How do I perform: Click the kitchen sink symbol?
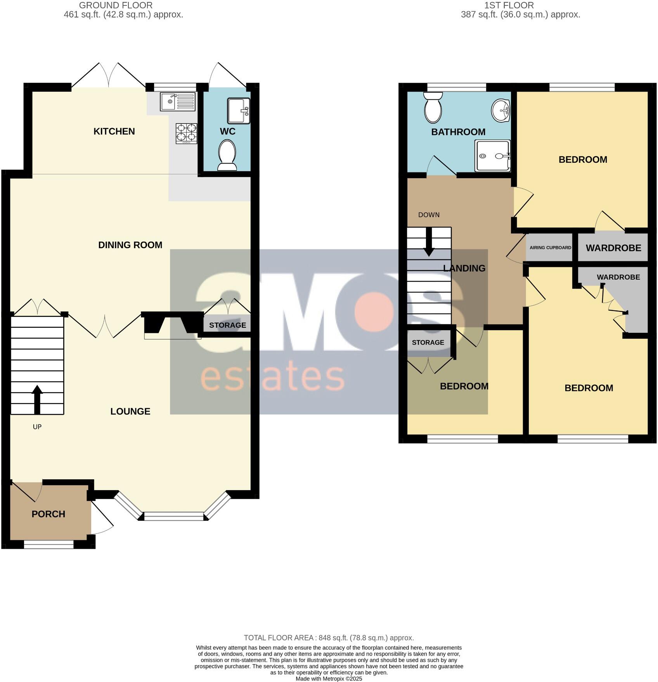[x=177, y=101]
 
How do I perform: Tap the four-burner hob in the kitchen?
[x=187, y=132]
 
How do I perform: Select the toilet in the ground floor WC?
[x=227, y=155]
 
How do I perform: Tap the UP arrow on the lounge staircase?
[x=37, y=399]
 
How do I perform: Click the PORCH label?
[x=48, y=514]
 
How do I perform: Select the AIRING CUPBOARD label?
[x=550, y=247]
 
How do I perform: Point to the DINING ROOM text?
[x=130, y=245]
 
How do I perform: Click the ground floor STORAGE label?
[x=227, y=325]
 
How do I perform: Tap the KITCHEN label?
[x=114, y=131]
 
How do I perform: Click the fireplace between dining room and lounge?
[x=172, y=324]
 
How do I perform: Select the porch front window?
[x=48, y=545]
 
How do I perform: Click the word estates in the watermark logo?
[x=272, y=377]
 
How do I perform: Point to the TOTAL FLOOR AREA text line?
[x=329, y=638]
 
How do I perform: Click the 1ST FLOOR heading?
[x=509, y=5]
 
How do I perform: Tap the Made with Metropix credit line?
[x=329, y=679]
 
